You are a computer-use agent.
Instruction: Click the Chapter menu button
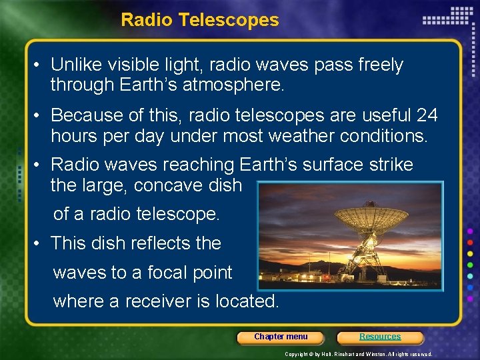click(x=281, y=337)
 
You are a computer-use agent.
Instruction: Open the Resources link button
click(x=380, y=337)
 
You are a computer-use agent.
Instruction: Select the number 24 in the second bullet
click(x=427, y=115)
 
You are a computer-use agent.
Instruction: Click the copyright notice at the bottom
click(x=358, y=354)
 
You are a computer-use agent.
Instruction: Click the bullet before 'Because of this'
click(x=38, y=115)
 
